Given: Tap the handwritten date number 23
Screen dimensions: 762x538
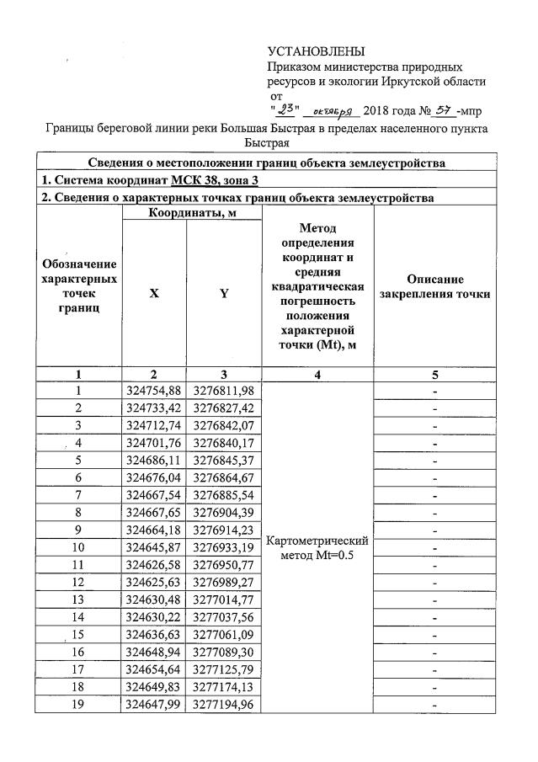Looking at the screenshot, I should tap(286, 109).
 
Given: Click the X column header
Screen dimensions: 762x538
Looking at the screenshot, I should tap(154, 294).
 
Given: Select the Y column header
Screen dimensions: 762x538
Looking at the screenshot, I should tap(224, 294).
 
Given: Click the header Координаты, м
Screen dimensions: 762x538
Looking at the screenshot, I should tap(191, 213).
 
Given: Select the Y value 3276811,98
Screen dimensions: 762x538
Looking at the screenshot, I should tap(224, 391).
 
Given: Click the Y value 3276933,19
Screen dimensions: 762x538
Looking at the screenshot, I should tap(224, 546).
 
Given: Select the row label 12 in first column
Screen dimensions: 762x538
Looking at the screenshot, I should tap(78, 581).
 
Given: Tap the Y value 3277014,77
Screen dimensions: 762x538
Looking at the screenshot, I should tap(224, 599).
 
